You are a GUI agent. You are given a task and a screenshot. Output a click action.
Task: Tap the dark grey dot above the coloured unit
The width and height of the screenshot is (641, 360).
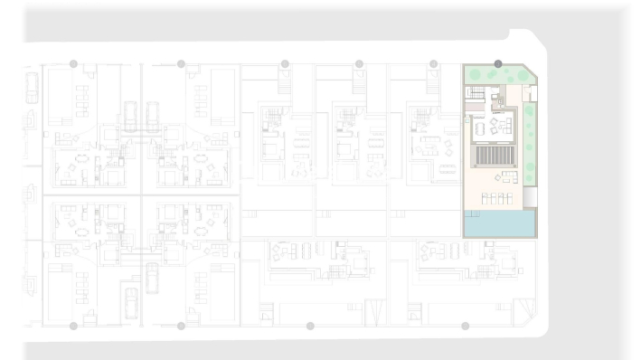tap(498, 63)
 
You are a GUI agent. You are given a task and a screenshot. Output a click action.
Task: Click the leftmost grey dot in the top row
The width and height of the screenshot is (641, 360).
tap(73, 63)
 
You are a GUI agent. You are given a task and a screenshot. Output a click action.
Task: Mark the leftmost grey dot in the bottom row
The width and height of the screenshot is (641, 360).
tap(73, 326)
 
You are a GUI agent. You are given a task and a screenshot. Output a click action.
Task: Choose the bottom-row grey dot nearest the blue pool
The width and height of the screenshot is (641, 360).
tap(466, 326)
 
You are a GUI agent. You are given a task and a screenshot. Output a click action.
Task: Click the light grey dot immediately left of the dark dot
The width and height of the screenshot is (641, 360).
tap(433, 63)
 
